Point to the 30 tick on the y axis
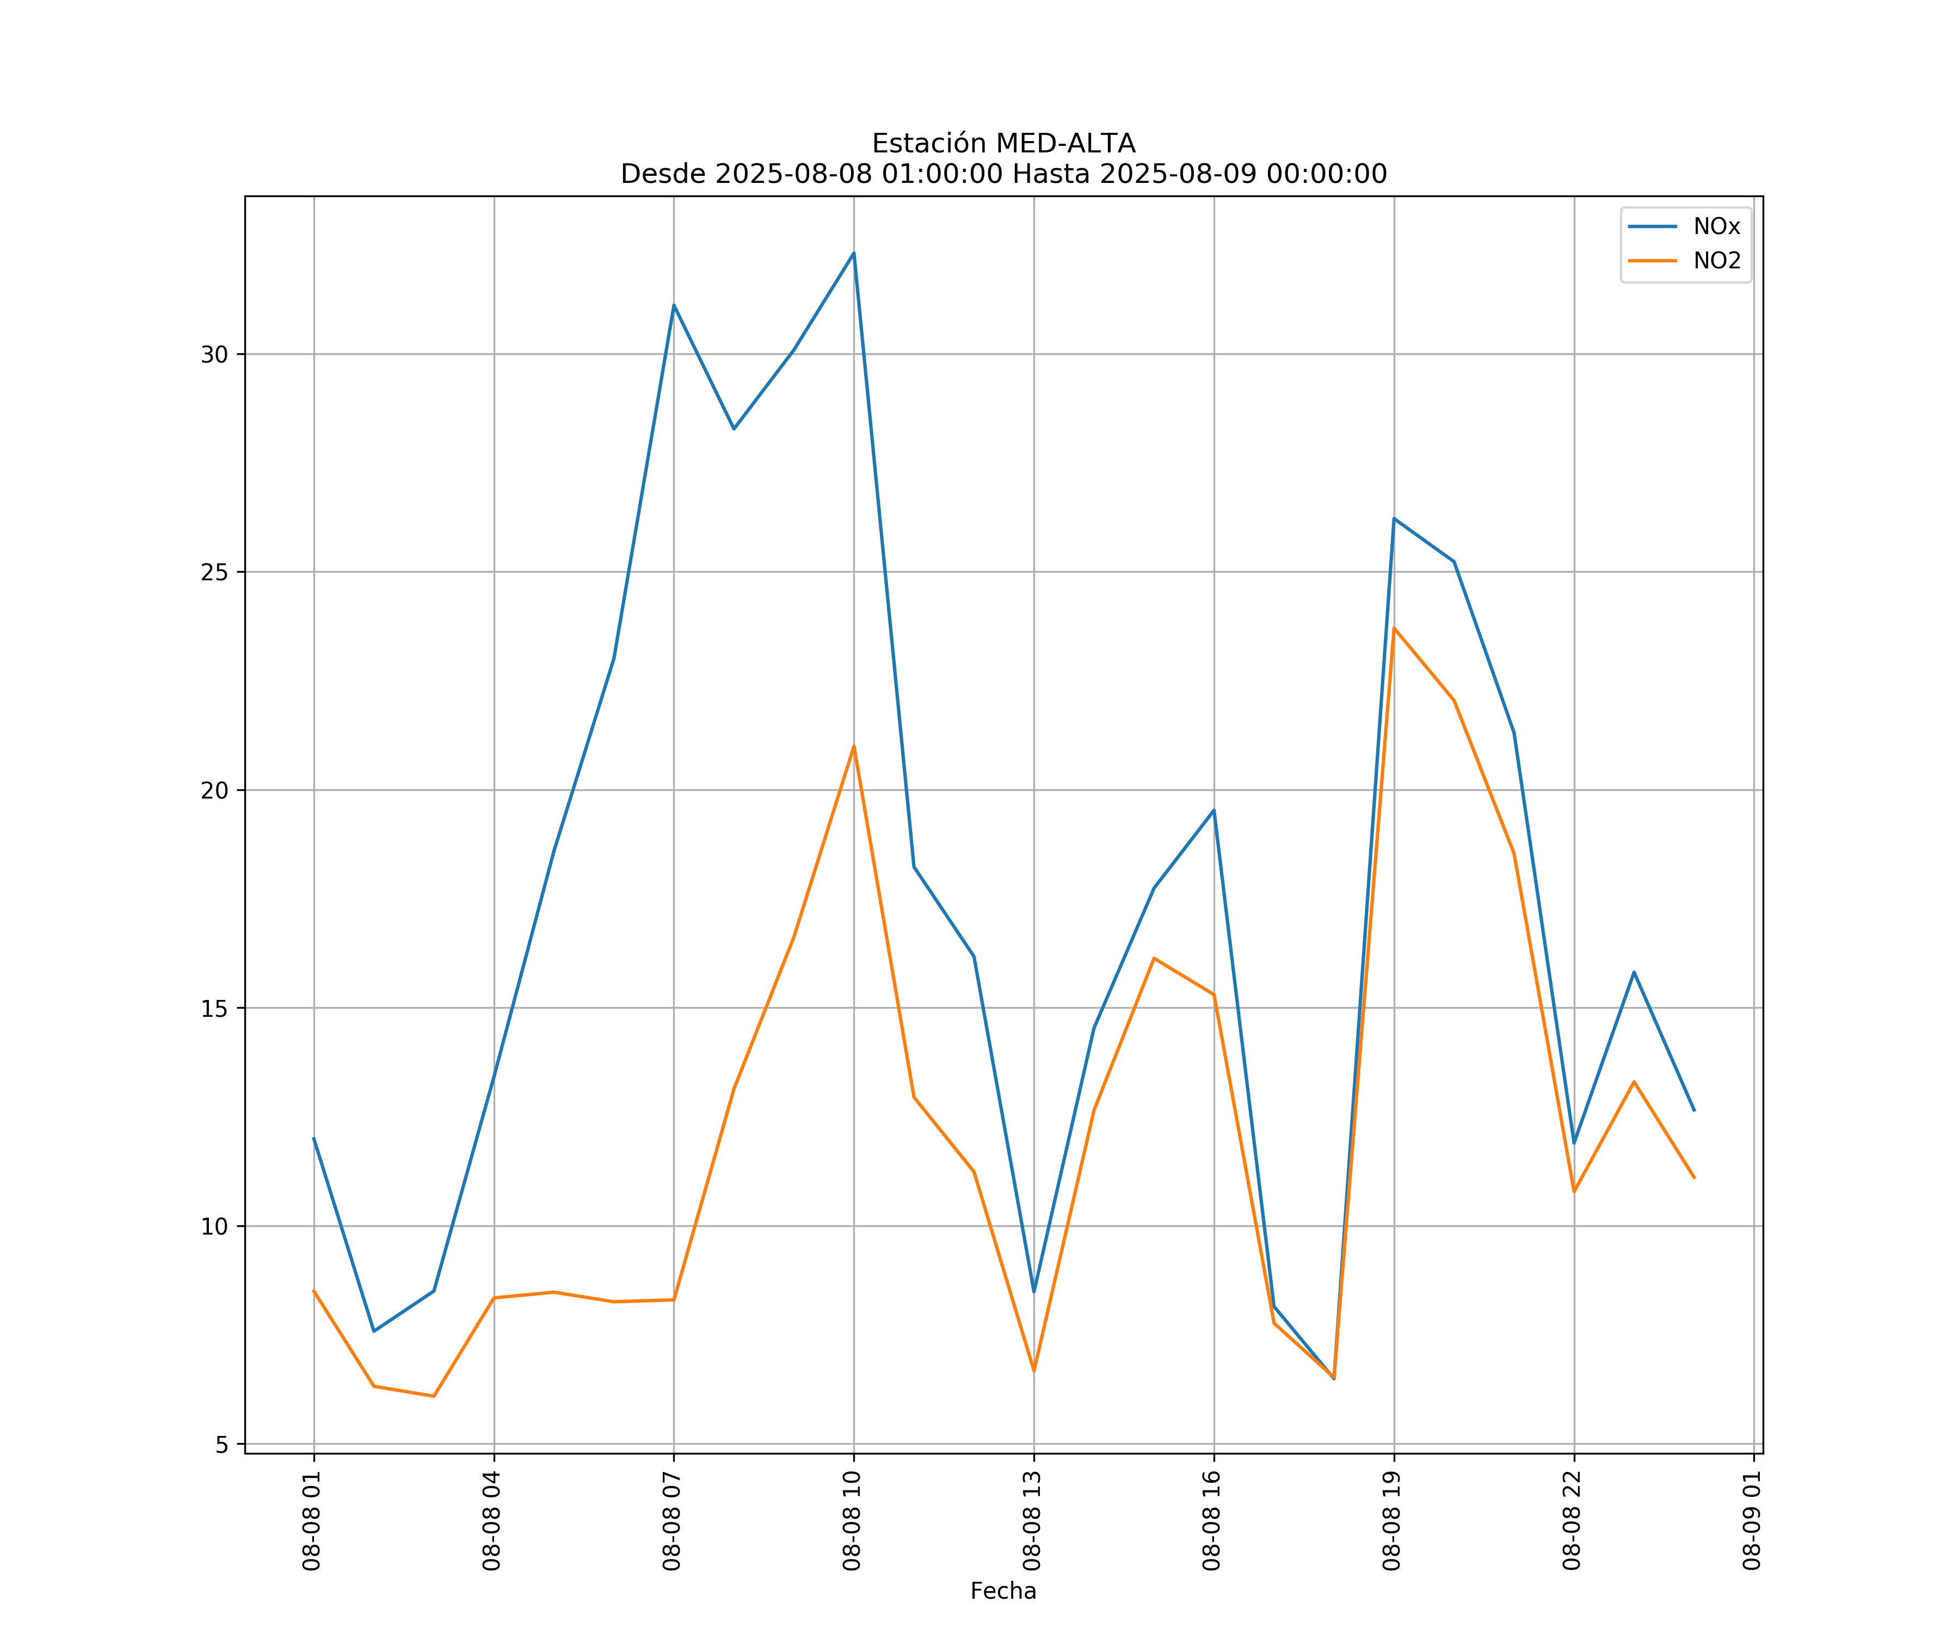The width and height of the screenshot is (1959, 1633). point(214,354)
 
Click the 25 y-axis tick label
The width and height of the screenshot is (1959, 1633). point(214,572)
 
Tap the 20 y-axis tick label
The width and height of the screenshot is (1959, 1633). point(214,790)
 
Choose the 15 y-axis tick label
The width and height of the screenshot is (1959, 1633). point(214,1009)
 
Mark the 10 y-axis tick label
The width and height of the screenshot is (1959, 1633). point(214,1226)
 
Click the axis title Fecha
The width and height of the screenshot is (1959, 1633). point(1003,1591)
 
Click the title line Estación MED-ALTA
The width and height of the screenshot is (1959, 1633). point(1003,144)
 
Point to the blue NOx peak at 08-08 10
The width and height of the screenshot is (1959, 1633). point(854,253)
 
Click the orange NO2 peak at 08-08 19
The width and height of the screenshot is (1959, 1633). point(1394,628)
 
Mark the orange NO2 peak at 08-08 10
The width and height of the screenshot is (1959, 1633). point(854,746)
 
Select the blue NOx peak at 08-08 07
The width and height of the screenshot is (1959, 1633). point(674,305)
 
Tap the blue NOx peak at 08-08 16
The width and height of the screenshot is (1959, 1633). point(1213,810)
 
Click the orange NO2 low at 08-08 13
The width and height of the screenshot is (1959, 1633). point(1033,1371)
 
